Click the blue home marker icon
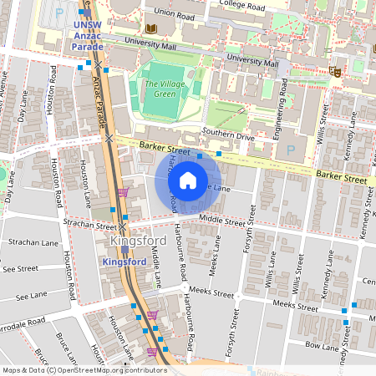tap(188, 180)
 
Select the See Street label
tap(20, 269)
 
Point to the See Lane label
tap(31, 296)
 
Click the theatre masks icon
tap(334, 72)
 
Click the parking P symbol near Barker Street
tap(290, 150)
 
